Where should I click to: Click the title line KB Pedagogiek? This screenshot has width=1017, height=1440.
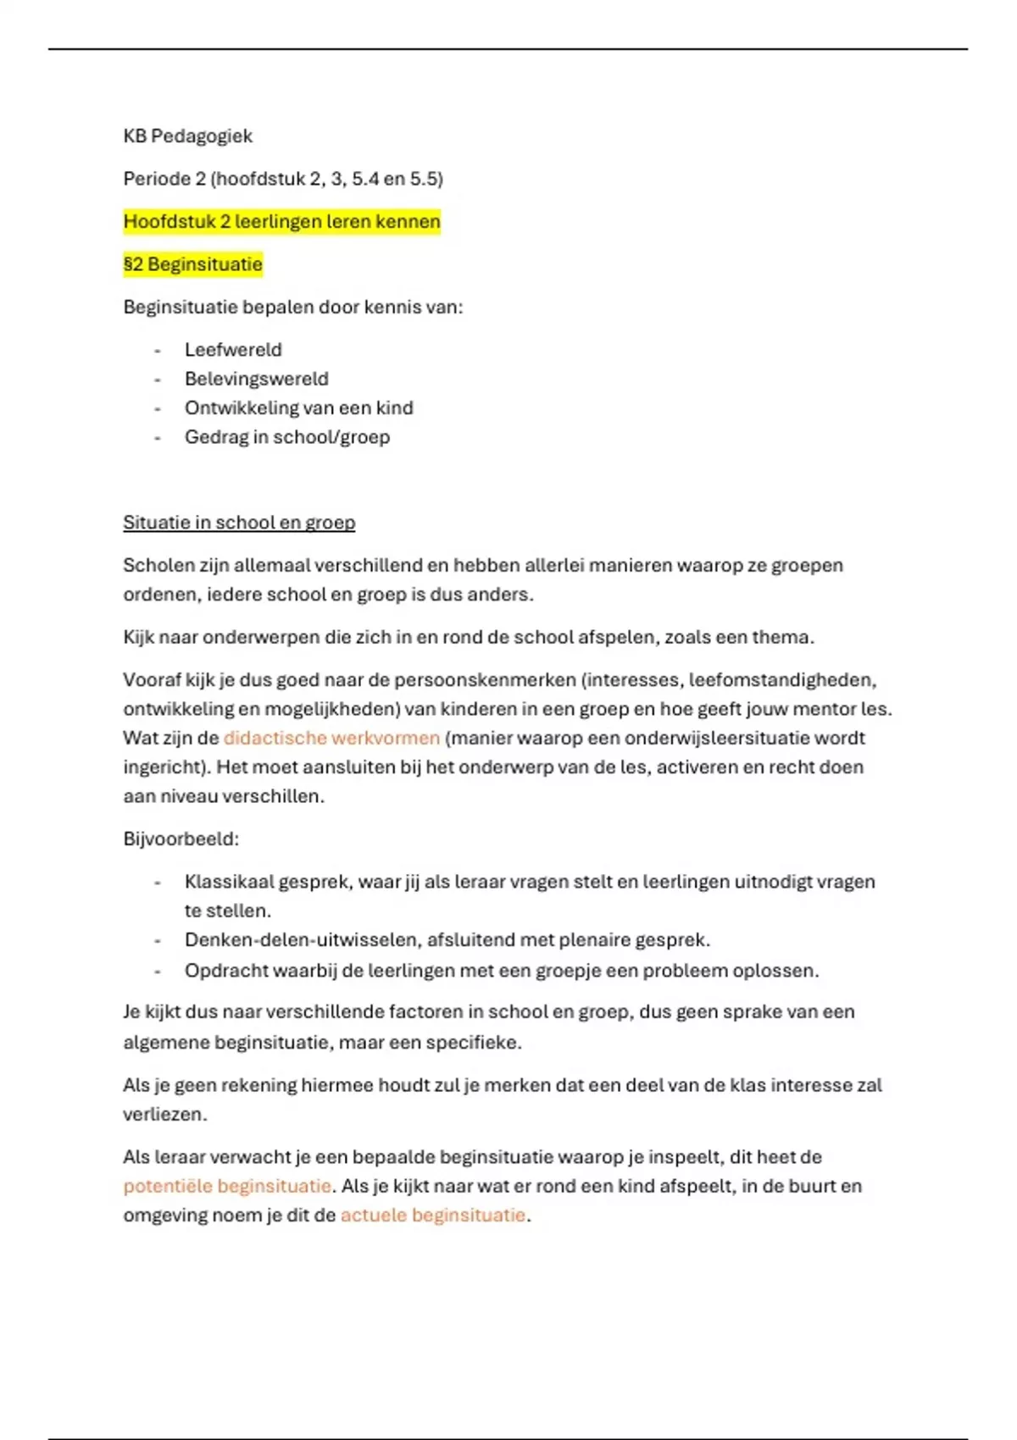pyautogui.click(x=187, y=136)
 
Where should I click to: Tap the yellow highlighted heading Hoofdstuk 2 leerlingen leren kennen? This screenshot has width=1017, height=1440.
pyautogui.click(x=281, y=222)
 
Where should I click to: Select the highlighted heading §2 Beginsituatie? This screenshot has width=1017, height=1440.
pyautogui.click(x=192, y=264)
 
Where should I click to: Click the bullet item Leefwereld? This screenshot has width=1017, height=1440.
pyautogui.click(x=233, y=350)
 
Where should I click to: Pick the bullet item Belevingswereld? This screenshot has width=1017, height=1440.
pyautogui.click(x=256, y=379)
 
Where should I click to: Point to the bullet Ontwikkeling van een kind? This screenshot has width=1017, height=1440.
pyautogui.click(x=298, y=408)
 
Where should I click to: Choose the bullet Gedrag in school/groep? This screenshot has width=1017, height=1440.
pyautogui.click(x=286, y=437)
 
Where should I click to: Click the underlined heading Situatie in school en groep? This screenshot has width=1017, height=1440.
pyautogui.click(x=239, y=523)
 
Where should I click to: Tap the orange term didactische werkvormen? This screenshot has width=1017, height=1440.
pyautogui.click(x=331, y=738)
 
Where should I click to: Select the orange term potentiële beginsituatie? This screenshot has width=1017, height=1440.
pyautogui.click(x=226, y=1186)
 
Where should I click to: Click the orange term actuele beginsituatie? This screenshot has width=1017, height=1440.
pyautogui.click(x=432, y=1215)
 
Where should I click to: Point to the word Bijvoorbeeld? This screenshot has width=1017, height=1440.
pyautogui.click(x=181, y=839)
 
